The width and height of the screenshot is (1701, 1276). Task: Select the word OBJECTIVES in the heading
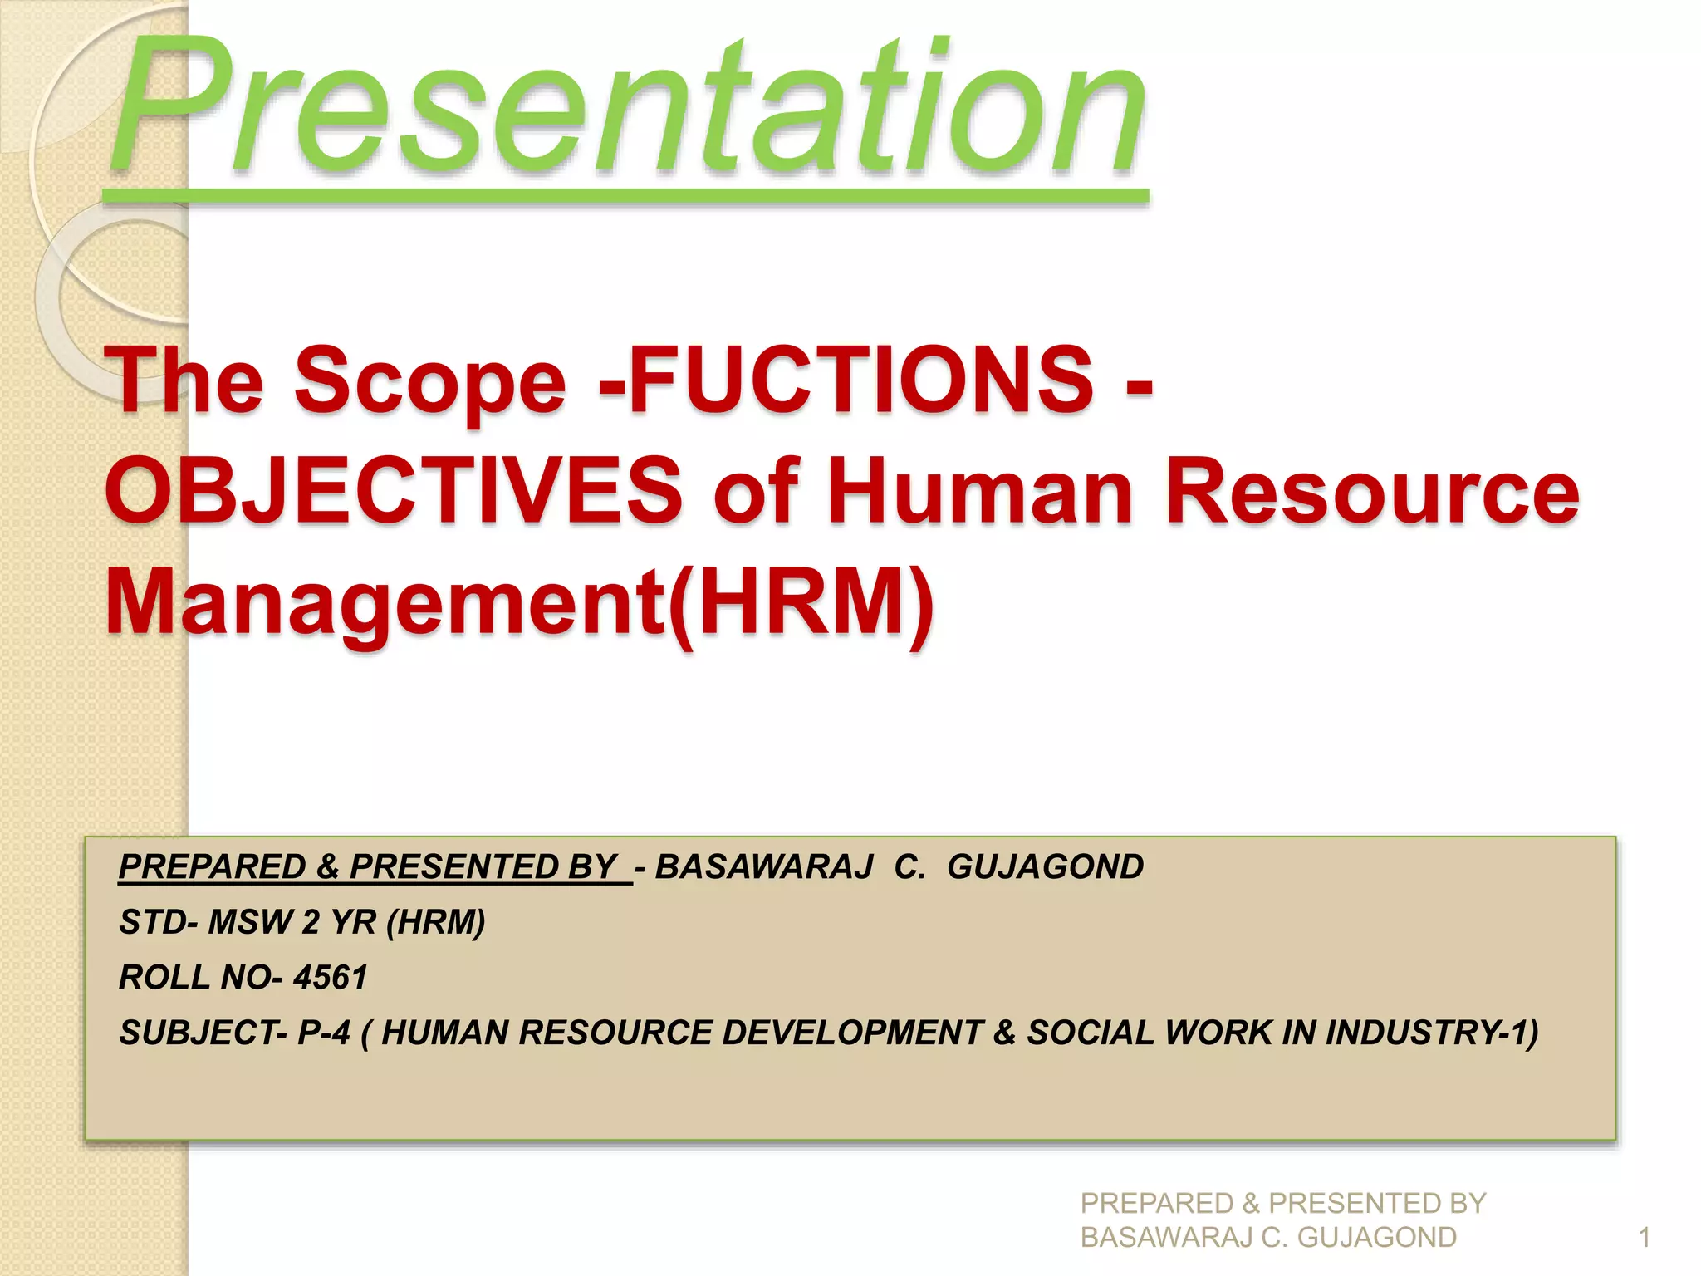394,492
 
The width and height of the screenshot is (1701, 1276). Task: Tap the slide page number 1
1644,1238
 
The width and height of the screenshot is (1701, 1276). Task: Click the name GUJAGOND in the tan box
1045,867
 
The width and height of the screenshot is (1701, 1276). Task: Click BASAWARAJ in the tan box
764,867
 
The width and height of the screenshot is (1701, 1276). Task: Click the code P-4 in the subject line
324,1033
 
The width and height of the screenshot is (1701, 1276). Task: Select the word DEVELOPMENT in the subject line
852,1033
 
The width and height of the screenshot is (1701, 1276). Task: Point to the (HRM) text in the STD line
436,922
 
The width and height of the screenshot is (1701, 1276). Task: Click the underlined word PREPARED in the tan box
213,867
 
